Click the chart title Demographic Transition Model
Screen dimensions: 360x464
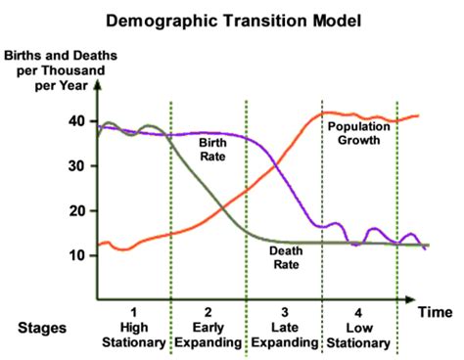point(232,19)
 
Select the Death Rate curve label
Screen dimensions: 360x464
point(291,255)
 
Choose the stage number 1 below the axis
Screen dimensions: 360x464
point(132,311)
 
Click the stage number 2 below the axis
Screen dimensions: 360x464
point(207,311)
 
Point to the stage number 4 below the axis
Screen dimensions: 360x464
point(358,311)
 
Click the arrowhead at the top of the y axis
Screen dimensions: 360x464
point(95,87)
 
